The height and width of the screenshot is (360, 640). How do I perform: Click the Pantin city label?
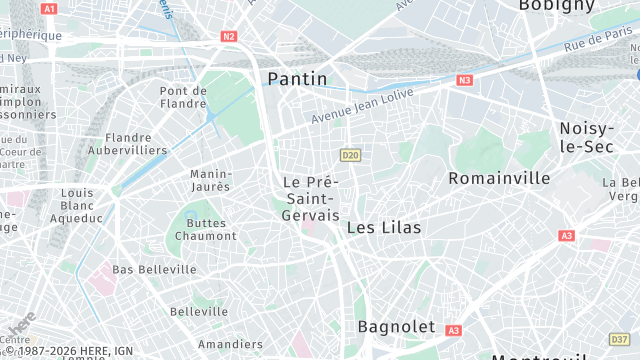[x=297, y=78]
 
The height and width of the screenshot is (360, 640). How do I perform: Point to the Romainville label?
[x=500, y=178]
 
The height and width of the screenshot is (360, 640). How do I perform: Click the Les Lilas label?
[x=384, y=228]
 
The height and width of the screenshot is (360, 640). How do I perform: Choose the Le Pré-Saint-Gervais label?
[x=311, y=198]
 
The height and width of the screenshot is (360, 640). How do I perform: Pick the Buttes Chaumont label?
[x=206, y=228]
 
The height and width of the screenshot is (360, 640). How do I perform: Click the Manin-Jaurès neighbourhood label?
[x=210, y=180]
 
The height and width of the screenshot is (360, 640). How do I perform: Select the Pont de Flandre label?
[x=183, y=96]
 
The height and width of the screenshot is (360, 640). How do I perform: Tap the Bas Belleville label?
[x=154, y=270]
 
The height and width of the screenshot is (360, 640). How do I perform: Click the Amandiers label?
[x=230, y=344]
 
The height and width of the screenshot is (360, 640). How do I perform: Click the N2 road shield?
[x=229, y=36]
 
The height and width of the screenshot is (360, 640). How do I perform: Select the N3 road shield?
[x=464, y=80]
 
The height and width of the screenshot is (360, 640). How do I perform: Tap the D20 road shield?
[x=349, y=155]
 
